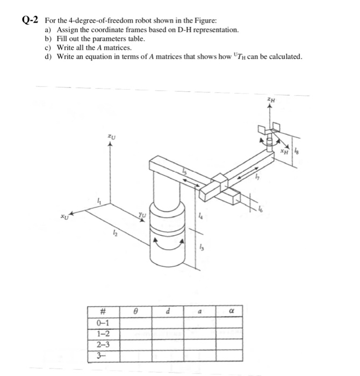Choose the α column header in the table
231,310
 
